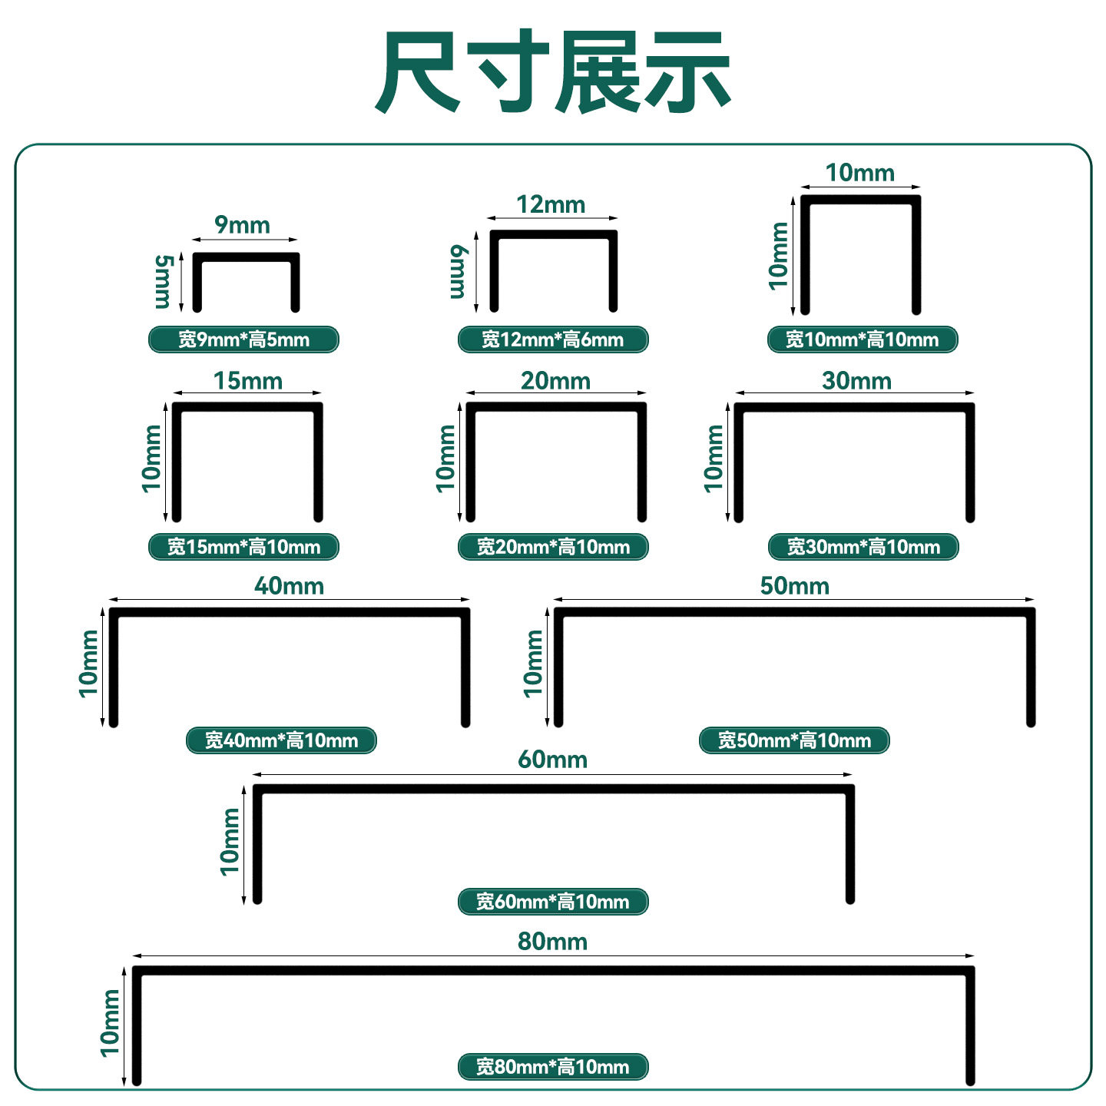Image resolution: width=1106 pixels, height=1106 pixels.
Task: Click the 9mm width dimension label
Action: (242, 225)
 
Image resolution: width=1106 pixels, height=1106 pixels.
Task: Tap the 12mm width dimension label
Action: (551, 205)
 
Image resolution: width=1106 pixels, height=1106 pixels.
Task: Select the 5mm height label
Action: (163, 282)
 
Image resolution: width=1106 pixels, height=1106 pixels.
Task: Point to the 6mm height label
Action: (458, 272)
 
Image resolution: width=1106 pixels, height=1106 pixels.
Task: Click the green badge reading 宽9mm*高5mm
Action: (243, 339)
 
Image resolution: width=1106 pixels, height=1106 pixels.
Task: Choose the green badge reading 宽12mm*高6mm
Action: (553, 339)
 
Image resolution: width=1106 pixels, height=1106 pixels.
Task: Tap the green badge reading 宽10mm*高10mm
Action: (863, 339)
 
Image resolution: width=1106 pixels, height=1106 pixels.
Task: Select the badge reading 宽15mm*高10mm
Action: (243, 547)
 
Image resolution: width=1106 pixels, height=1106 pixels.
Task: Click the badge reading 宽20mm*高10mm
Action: (553, 547)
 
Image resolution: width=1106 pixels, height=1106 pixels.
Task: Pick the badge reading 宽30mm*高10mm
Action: (863, 547)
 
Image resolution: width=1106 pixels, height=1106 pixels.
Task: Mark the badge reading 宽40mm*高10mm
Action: (281, 740)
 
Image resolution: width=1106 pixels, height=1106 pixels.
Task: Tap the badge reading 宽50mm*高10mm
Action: (794, 740)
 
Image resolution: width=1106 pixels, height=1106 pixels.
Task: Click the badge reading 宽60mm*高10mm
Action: (553, 902)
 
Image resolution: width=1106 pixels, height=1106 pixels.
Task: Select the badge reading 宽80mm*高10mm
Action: (553, 1067)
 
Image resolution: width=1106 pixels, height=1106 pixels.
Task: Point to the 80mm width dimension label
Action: (552, 942)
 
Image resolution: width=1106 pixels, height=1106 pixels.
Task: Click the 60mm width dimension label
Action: (552, 760)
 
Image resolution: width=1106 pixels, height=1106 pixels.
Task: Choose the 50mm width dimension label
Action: (794, 586)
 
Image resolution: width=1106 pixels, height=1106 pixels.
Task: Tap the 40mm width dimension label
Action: (289, 586)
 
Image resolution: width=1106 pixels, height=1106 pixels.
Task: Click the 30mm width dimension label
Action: (856, 381)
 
